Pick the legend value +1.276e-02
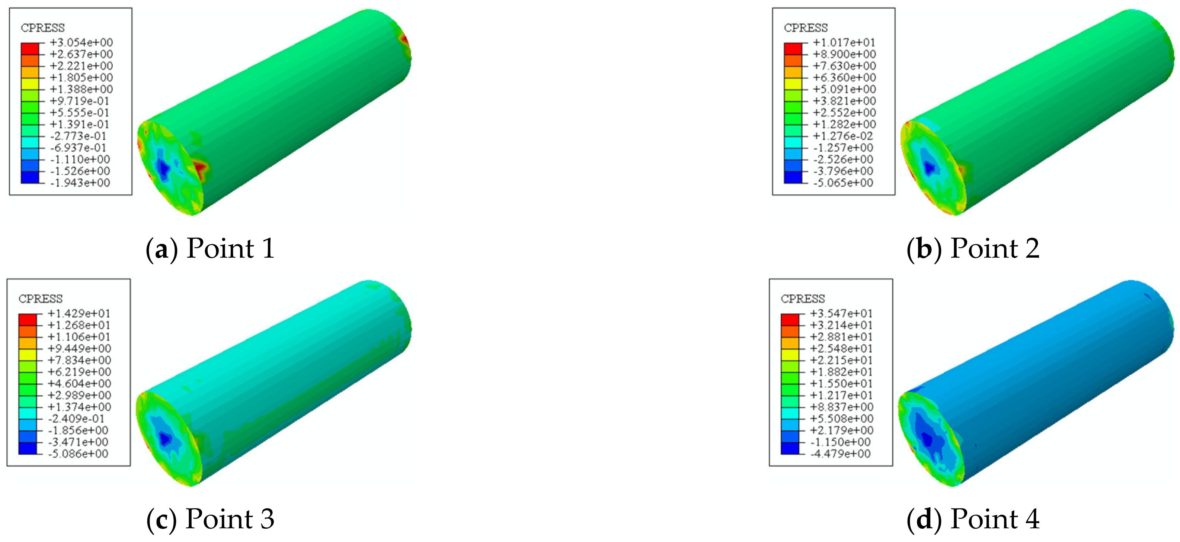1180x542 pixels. [x=843, y=136]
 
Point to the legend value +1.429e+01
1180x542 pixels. [x=79, y=314]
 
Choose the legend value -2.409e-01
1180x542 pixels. [x=77, y=419]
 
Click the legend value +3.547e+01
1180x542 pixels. [x=841, y=314]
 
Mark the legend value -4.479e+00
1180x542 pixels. [x=841, y=454]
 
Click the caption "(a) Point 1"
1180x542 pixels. [x=210, y=249]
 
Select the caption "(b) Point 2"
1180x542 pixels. [x=973, y=249]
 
